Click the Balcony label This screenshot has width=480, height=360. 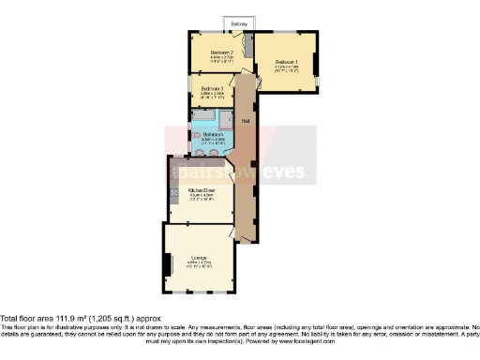coord(240,22)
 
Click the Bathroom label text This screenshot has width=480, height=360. coord(213,135)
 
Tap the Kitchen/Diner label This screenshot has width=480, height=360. coord(202,190)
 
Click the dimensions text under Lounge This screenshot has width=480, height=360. coord(199,264)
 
